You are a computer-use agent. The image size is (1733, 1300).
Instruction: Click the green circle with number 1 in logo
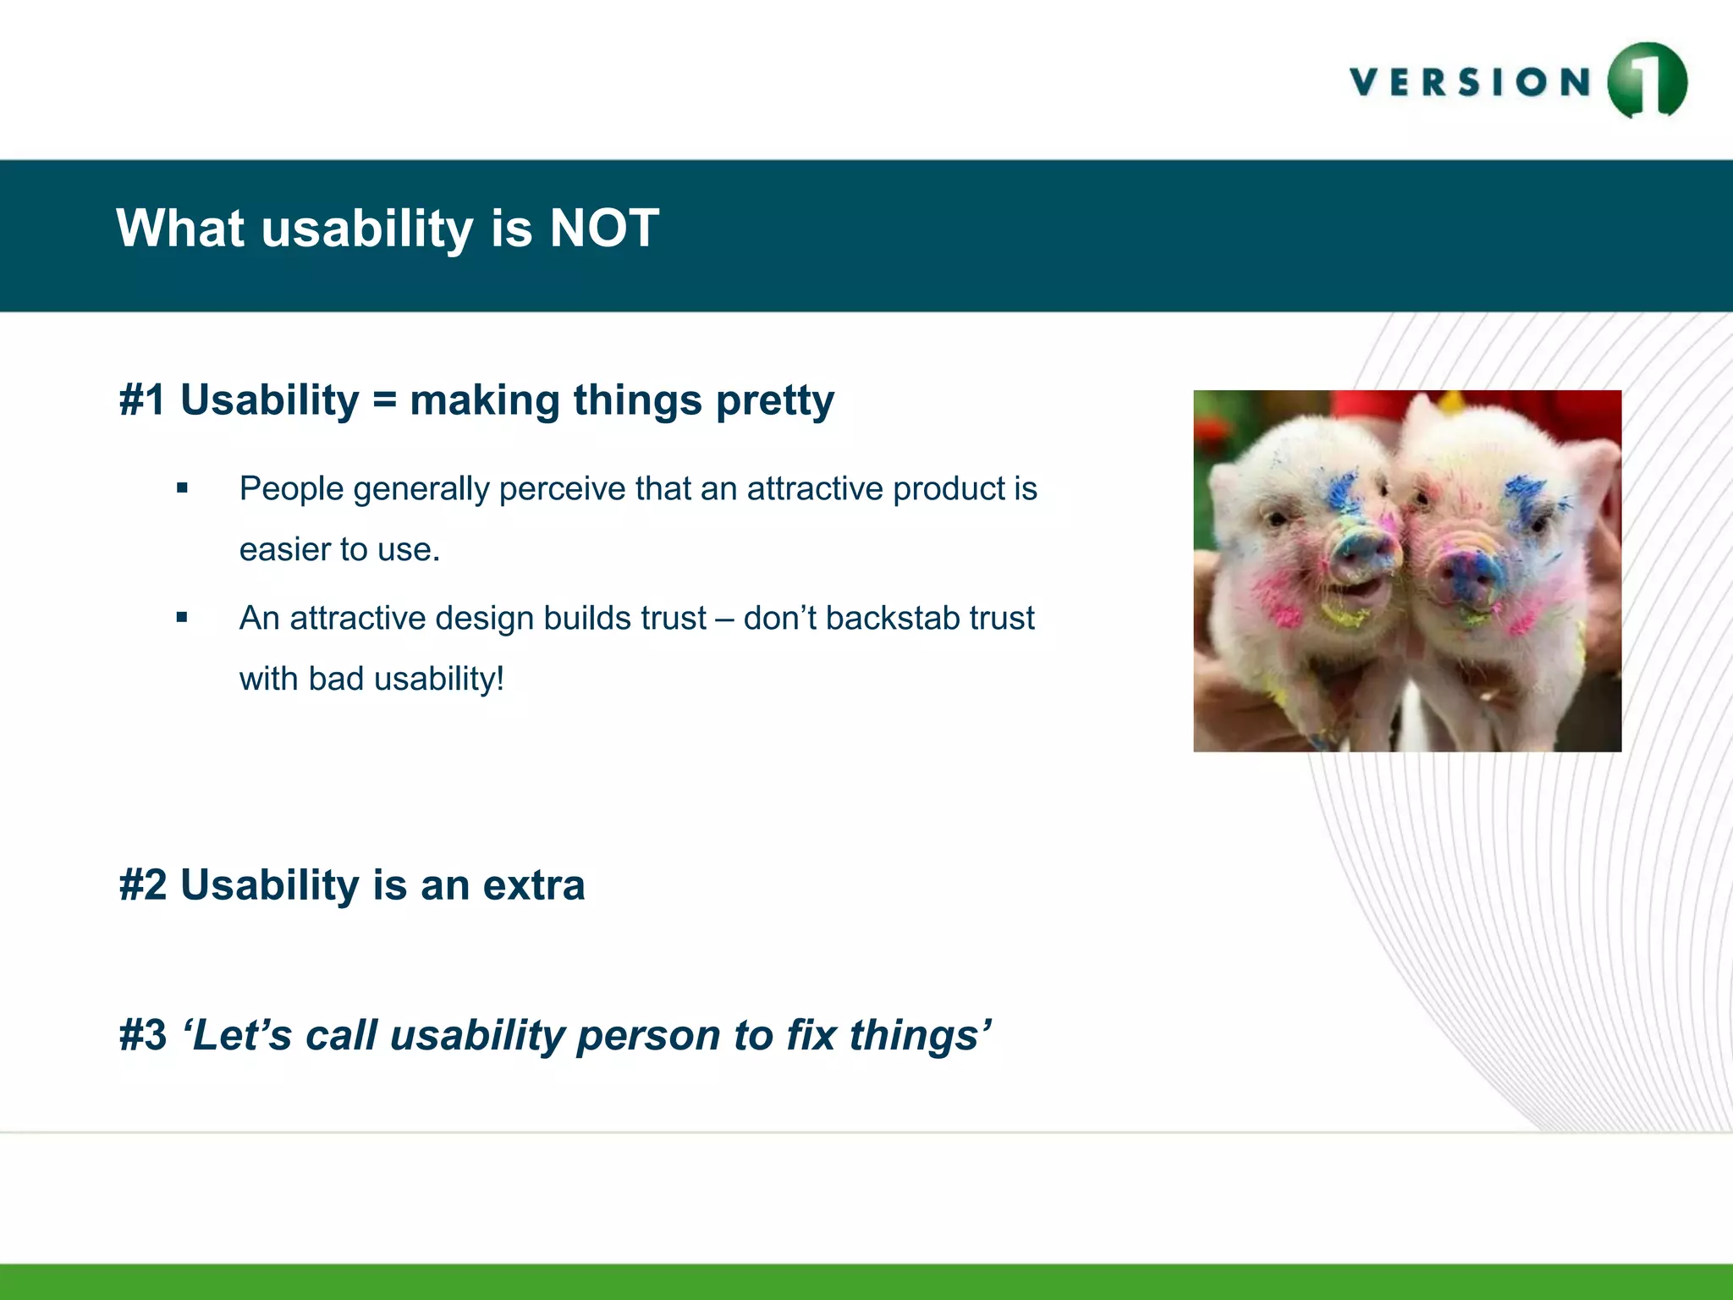tap(1647, 81)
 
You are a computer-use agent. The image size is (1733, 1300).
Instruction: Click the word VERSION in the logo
tap(1471, 83)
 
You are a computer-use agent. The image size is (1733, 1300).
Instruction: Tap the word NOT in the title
tap(603, 229)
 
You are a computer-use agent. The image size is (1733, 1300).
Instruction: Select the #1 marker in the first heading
tap(142, 400)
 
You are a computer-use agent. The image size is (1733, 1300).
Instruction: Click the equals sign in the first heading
tap(384, 401)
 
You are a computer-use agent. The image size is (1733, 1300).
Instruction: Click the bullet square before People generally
tap(182, 488)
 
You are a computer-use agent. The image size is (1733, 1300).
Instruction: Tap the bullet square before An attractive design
tap(182, 618)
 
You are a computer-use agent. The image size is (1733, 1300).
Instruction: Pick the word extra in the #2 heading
tap(533, 886)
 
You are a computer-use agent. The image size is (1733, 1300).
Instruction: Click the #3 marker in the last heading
tap(142, 1036)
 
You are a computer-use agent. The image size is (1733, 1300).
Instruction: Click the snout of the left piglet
tap(1362, 554)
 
